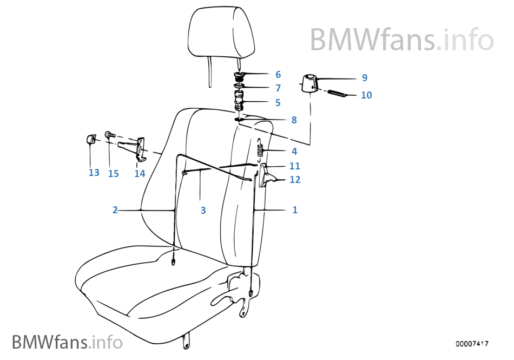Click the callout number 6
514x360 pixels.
click(278, 75)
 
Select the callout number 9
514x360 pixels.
click(364, 77)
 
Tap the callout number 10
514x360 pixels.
click(366, 95)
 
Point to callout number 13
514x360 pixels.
click(94, 173)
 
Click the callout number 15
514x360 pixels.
click(113, 174)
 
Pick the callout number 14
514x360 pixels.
click(140, 174)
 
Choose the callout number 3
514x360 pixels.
click(203, 211)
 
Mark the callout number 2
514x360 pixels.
click(115, 210)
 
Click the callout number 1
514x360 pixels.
click(295, 210)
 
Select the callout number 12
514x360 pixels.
click(295, 179)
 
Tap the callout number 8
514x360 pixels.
click(294, 120)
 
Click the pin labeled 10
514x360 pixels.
click(337, 94)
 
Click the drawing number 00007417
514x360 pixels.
click(472, 344)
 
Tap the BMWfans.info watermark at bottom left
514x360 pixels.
click(67, 342)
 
